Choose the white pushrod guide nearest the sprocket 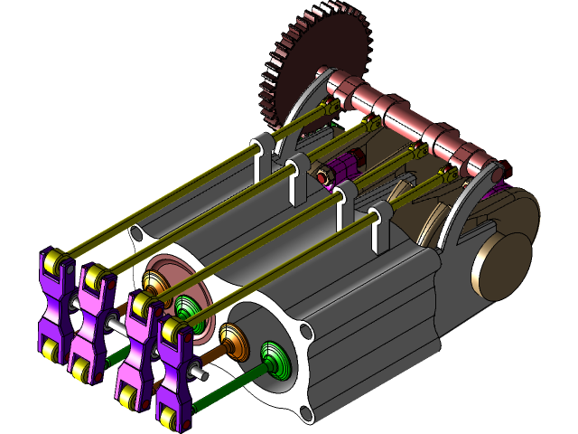263,154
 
